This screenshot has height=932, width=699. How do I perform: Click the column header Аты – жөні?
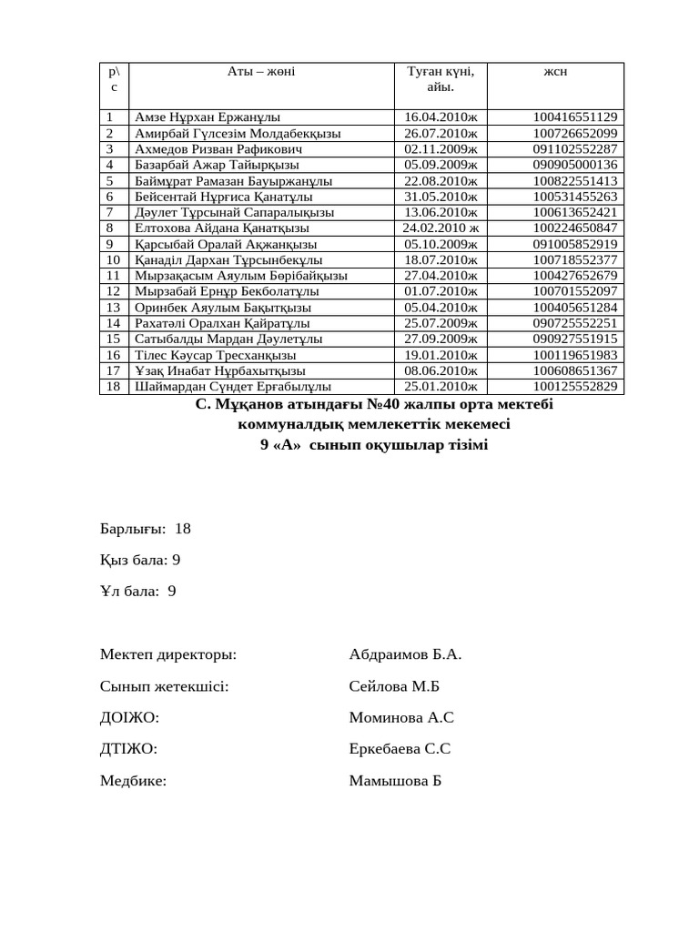(260, 72)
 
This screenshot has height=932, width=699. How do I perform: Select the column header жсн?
(555, 72)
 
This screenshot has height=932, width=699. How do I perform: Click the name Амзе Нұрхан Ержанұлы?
(208, 117)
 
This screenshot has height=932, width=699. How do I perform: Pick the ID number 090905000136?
(574, 165)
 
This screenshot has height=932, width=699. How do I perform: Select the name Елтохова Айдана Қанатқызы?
(222, 228)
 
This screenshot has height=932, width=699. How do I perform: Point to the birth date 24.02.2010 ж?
(441, 228)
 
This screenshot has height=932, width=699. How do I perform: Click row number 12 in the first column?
(113, 291)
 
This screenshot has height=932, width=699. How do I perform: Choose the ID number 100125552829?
(574, 387)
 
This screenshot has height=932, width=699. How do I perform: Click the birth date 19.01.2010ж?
(441, 355)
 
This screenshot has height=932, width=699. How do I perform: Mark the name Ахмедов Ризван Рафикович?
(218, 148)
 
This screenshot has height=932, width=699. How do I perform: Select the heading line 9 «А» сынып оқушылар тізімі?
(374, 445)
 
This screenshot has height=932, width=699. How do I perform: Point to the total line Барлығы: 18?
(146, 529)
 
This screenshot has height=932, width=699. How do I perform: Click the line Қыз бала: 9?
(140, 560)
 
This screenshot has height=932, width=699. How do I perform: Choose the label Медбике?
(133, 781)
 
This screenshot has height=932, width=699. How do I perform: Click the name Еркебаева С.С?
(400, 749)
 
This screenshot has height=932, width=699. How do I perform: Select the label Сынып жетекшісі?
(164, 686)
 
